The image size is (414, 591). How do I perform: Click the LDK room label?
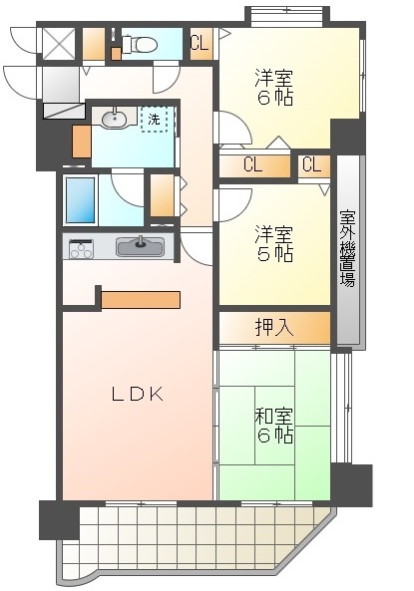[138, 395]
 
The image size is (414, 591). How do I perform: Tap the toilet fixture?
[140, 45]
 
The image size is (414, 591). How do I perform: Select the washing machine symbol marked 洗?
[154, 120]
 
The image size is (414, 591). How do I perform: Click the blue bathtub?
[81, 199]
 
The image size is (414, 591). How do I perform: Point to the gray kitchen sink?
[140, 247]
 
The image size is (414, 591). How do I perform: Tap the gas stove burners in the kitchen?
[81, 249]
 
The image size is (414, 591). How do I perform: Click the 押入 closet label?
[274, 327]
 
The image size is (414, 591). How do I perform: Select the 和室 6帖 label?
[274, 426]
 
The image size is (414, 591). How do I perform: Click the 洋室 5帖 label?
[274, 244]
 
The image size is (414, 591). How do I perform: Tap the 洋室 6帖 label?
[274, 88]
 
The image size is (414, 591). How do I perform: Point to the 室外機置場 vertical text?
[348, 248]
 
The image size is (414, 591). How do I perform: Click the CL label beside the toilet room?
[200, 43]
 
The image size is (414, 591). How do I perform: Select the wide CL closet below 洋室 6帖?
[254, 165]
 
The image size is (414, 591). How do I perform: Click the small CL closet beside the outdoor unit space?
[314, 165]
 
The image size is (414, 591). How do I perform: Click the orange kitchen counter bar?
[141, 300]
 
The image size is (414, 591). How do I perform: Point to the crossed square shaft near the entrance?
[59, 44]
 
